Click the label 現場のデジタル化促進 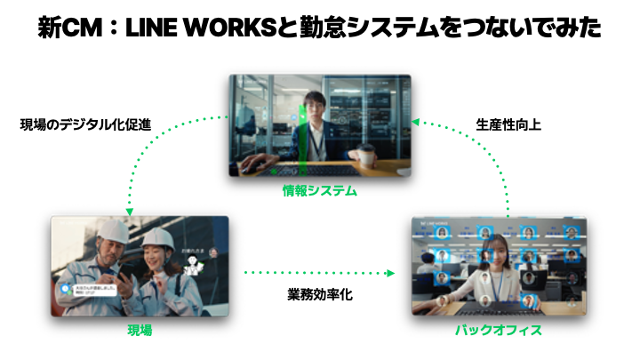click(85, 125)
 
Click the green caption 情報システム click(320, 189)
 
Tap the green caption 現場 click(140, 330)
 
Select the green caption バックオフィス click(499, 330)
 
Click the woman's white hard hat click(157, 238)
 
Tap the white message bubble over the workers click(86, 290)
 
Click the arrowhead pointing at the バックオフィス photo click(393, 273)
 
